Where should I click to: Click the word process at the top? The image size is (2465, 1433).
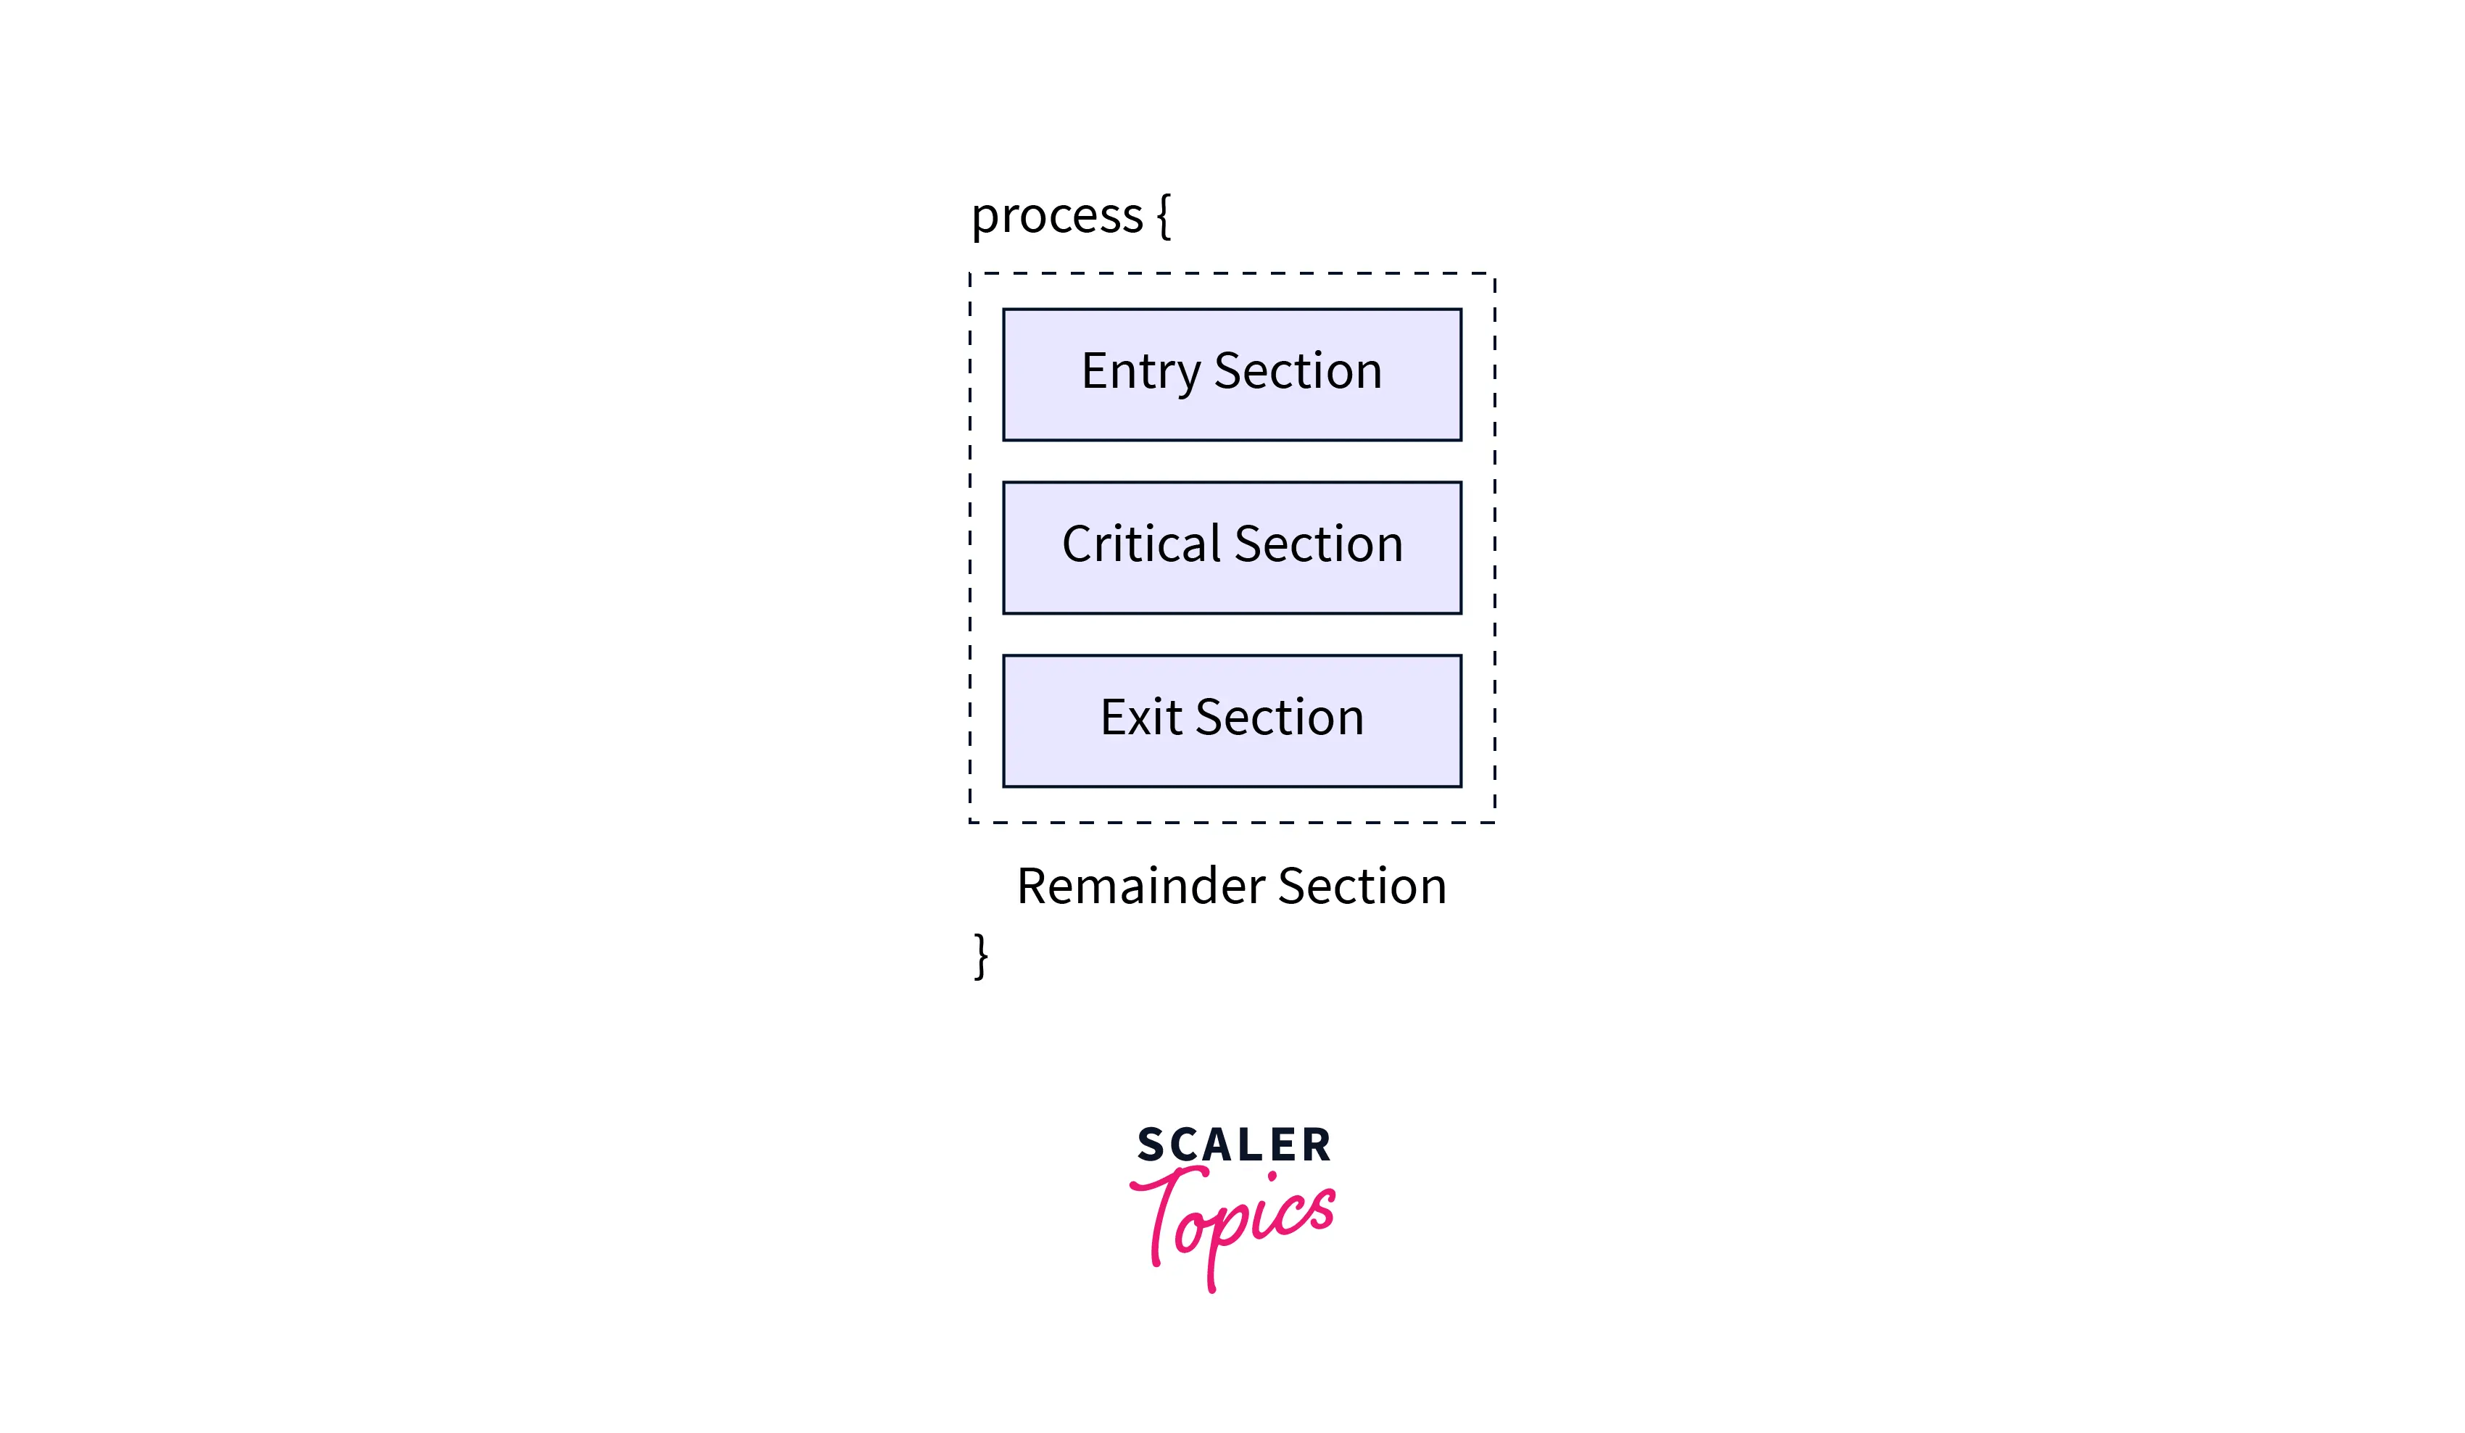1056,216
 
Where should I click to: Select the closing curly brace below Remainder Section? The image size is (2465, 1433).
981,955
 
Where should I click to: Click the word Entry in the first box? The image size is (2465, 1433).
1140,373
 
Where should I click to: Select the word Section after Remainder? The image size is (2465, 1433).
1362,886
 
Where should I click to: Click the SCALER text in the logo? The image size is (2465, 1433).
1233,1145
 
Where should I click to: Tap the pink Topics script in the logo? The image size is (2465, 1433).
1235,1218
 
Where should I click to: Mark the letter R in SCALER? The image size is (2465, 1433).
1317,1145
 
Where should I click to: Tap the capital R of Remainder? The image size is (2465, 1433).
1034,886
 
